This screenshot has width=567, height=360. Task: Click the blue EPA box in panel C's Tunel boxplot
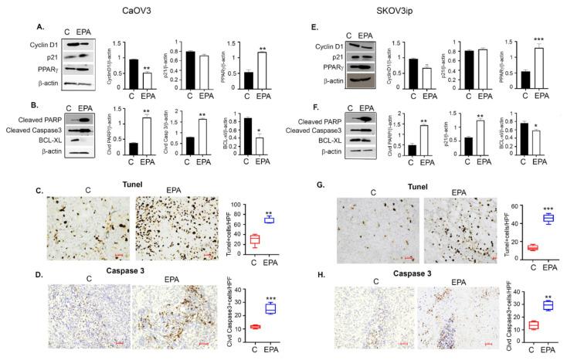(x=270, y=219)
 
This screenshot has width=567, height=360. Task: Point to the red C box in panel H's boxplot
(x=511, y=324)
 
